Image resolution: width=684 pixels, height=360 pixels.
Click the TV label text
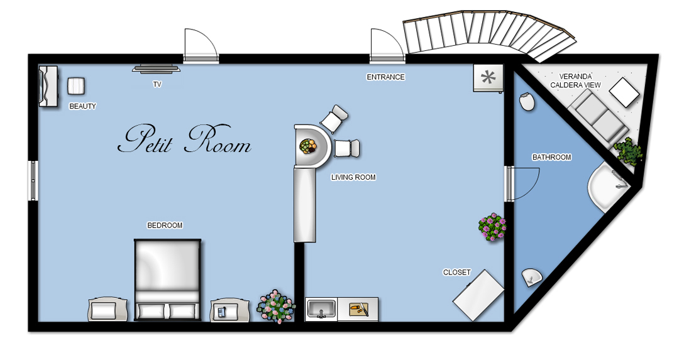click(x=157, y=84)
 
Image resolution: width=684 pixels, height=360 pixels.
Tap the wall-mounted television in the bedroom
click(x=156, y=68)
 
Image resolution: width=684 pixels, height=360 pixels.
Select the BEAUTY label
click(x=82, y=106)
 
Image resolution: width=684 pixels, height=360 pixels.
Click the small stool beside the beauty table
click(x=76, y=86)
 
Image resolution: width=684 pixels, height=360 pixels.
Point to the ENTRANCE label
click(x=385, y=77)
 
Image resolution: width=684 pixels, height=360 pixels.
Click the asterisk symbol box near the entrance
click(x=488, y=78)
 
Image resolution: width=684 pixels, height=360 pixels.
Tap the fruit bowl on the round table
click(x=308, y=146)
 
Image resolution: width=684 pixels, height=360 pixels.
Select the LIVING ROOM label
click(x=353, y=177)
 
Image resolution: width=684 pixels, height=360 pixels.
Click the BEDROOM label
click(x=165, y=226)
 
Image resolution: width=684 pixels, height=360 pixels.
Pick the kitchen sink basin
click(x=321, y=310)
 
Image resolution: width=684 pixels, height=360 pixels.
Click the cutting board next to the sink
click(x=359, y=310)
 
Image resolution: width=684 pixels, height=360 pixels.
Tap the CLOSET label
click(x=456, y=273)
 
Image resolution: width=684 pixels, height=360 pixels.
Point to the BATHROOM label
click(x=551, y=157)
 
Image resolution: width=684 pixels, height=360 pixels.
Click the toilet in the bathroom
click(x=527, y=101)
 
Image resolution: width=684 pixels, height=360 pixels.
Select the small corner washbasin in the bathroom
click(x=532, y=277)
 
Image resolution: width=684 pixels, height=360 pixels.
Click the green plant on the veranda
click(x=628, y=151)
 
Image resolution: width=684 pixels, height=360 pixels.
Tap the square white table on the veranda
click(x=624, y=92)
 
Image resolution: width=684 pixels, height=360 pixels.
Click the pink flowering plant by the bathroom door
click(x=492, y=227)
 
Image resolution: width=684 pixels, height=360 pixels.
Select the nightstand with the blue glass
click(x=229, y=310)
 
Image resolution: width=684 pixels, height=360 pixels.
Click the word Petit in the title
click(x=145, y=139)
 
